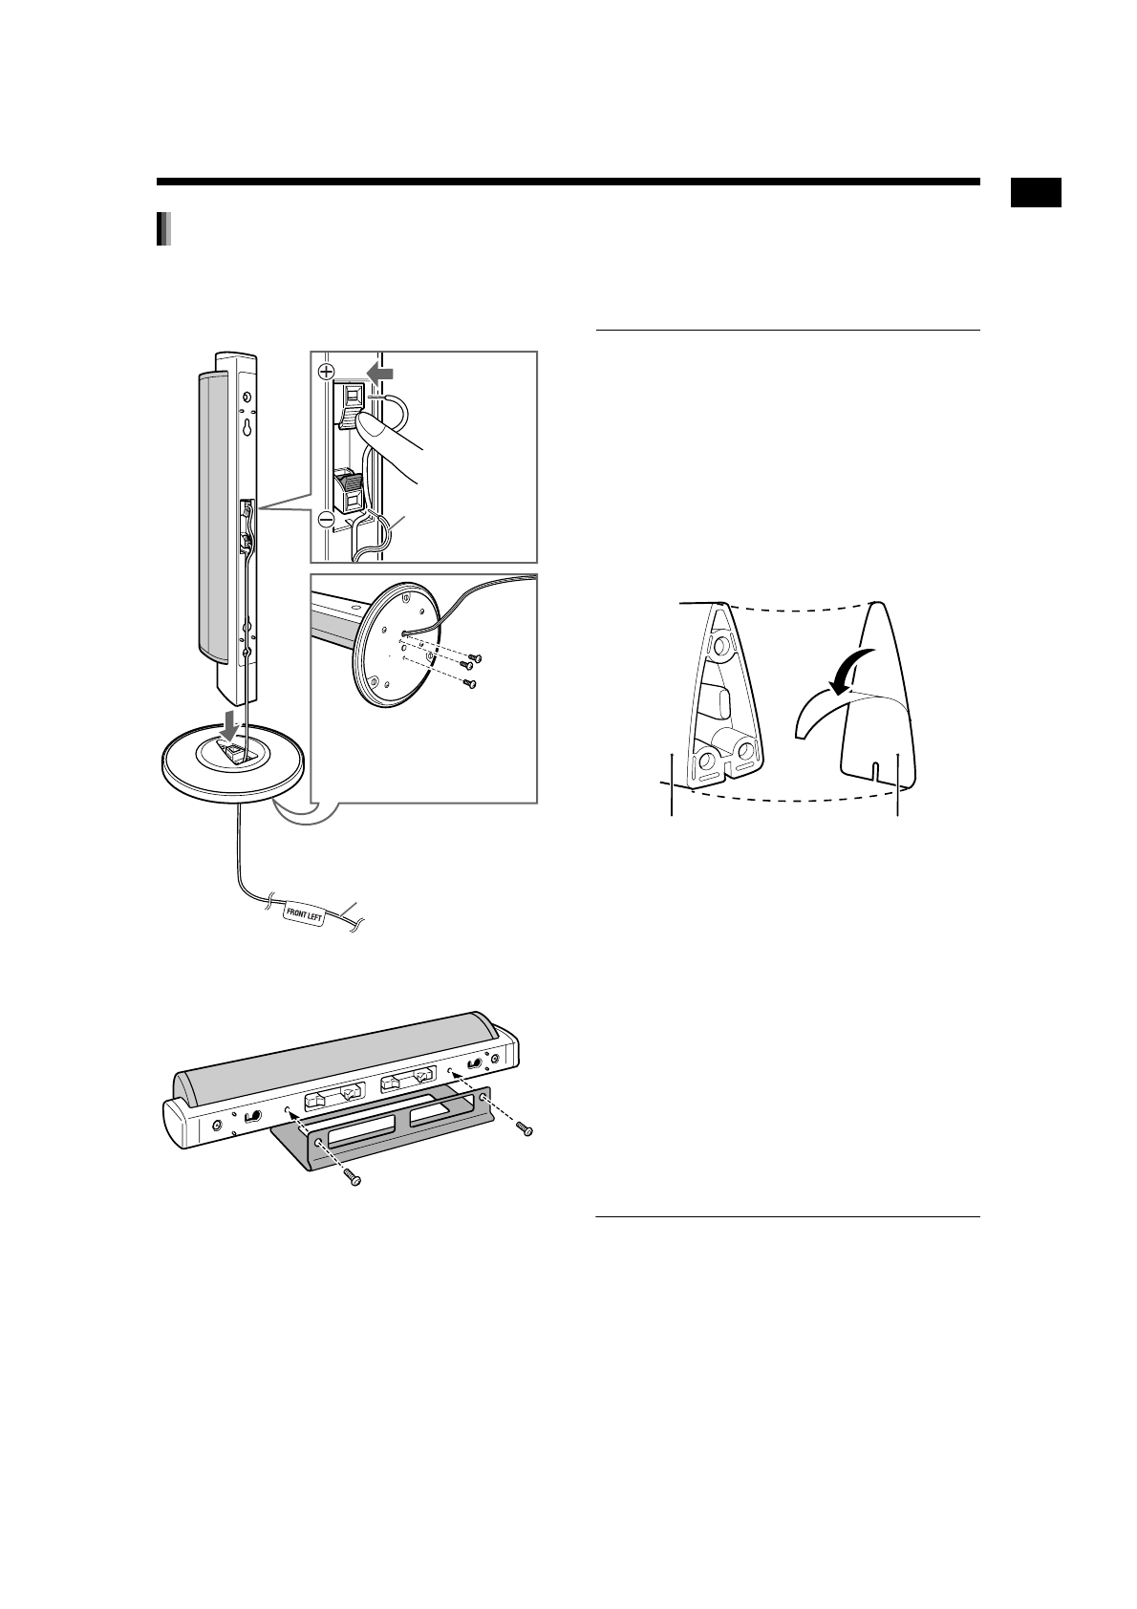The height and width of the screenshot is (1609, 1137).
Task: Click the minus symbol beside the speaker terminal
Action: pos(325,521)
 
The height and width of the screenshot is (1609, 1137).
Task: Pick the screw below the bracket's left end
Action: pos(354,1178)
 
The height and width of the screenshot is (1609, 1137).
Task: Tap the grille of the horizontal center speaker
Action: pos(334,1051)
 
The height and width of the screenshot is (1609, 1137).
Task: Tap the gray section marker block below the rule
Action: pos(163,229)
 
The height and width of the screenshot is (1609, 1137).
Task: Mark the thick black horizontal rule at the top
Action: pos(568,182)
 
